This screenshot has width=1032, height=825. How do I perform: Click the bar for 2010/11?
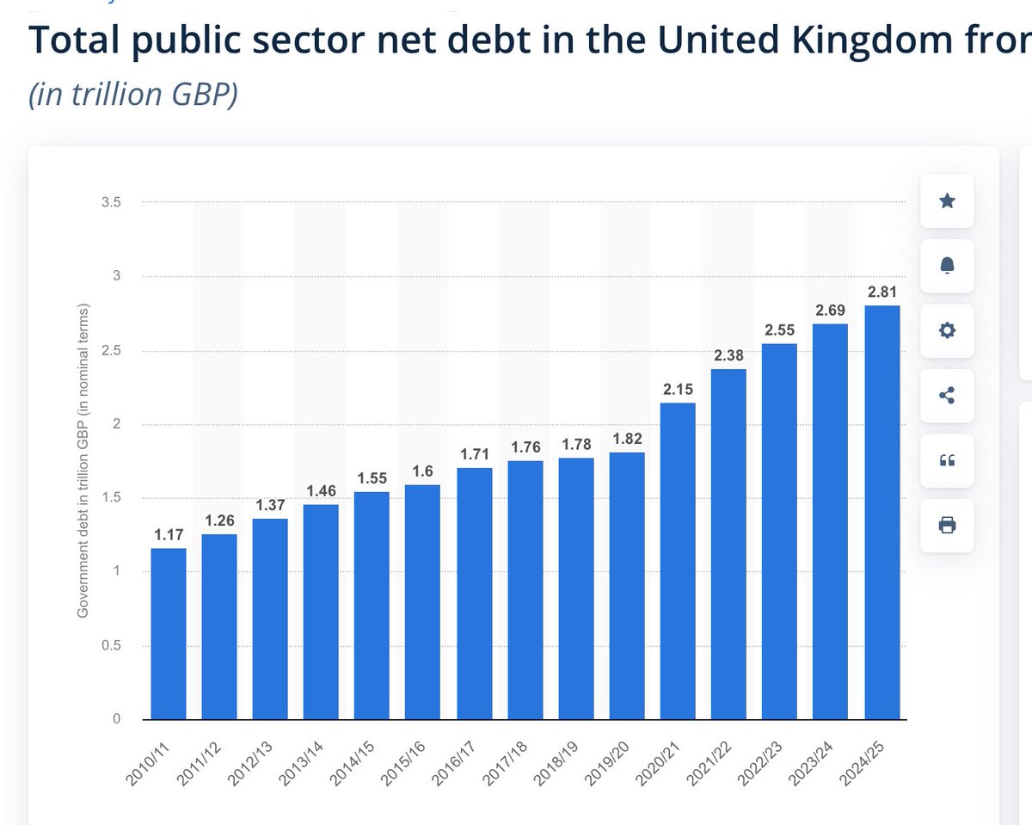point(168,633)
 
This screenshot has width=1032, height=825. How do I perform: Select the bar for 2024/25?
point(882,512)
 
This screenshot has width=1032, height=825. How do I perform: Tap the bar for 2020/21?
point(678,561)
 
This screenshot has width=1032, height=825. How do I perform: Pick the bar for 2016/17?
point(474,594)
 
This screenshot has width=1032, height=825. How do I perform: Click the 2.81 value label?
point(882,292)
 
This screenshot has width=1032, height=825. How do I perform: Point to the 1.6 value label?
point(423,471)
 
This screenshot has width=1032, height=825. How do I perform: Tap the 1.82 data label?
point(627,439)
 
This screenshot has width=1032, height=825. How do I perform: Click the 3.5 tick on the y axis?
point(111,202)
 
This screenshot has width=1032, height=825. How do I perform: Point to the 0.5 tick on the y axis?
point(111,646)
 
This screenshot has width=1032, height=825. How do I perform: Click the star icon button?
point(947,201)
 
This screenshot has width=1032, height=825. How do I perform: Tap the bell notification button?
point(947,266)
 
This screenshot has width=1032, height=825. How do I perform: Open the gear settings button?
point(947,331)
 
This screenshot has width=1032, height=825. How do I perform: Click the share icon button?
point(947,396)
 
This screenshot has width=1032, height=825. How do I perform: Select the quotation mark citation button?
point(947,460)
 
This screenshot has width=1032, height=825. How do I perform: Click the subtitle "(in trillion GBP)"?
point(133,95)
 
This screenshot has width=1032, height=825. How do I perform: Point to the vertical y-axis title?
point(84,460)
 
